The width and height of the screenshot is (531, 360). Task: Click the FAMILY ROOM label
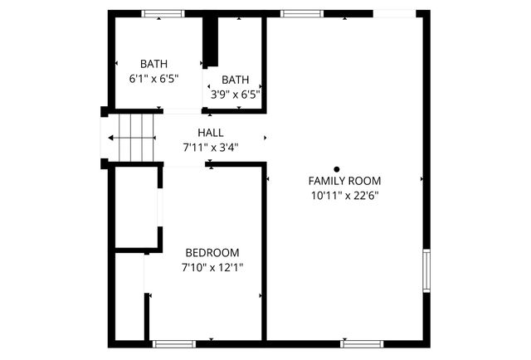[x=344, y=181]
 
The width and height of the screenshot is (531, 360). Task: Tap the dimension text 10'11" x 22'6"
[x=344, y=196]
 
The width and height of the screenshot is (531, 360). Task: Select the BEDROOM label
[x=212, y=253]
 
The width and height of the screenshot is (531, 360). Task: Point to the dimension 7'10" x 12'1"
[x=212, y=268]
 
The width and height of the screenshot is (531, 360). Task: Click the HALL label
[x=211, y=133]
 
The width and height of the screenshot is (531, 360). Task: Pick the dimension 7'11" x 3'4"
[x=211, y=148]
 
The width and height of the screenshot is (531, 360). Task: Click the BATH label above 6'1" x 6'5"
[x=153, y=64]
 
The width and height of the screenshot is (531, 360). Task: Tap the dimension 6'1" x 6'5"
[x=153, y=79]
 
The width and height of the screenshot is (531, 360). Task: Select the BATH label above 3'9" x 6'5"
[x=235, y=80]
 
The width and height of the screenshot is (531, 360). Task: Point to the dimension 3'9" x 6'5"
[x=235, y=95]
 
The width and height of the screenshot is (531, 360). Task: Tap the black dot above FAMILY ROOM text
[x=337, y=169]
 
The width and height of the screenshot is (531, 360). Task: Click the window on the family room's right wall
[x=427, y=270]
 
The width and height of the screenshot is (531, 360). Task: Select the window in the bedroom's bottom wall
[x=175, y=343]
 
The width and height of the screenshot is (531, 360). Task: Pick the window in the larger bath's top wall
[x=163, y=14]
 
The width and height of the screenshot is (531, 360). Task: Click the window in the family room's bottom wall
[x=363, y=343]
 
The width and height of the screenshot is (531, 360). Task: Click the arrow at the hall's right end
[x=265, y=138]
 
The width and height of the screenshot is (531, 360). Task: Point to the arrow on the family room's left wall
[x=267, y=178]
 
